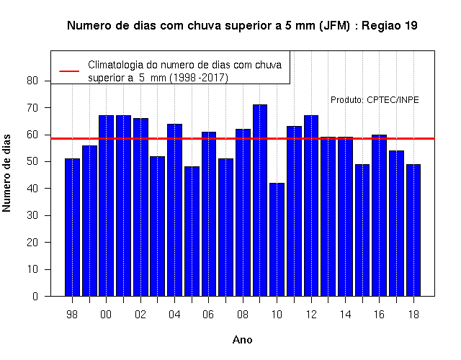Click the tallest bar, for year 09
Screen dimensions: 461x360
pyautogui.click(x=260, y=200)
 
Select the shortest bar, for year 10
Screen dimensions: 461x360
pyautogui.click(x=277, y=240)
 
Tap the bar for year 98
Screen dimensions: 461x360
pyautogui.click(x=72, y=228)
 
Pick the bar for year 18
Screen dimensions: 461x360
pyautogui.click(x=413, y=230)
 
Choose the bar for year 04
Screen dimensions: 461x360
pyautogui.click(x=174, y=210)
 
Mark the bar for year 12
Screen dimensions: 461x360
pyautogui.click(x=311, y=206)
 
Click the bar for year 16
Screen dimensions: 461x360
pyautogui.click(x=380, y=215)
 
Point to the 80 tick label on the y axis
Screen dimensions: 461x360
pyautogui.click(x=32, y=81)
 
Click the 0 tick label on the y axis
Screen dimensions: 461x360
pyautogui.click(x=35, y=296)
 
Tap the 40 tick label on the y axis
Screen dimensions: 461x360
pyautogui.click(x=32, y=189)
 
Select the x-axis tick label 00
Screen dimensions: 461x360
pyautogui.click(x=106, y=315)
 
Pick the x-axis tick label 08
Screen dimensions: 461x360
pyautogui.click(x=243, y=315)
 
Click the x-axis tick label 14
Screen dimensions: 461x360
pyautogui.click(x=345, y=315)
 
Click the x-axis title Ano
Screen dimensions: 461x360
pyautogui.click(x=243, y=340)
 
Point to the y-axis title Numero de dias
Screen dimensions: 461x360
pyautogui.click(x=6, y=174)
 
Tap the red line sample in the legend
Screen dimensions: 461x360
pyautogui.click(x=69, y=71)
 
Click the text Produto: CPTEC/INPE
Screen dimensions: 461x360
pyautogui.click(x=375, y=100)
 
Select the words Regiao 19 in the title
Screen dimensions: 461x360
pyautogui.click(x=390, y=26)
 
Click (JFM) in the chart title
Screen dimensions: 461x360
pyautogui.click(x=334, y=26)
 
